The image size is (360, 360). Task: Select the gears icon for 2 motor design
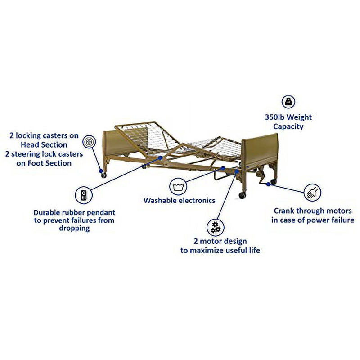coord(216,227)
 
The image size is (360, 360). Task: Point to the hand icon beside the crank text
coord(313,192)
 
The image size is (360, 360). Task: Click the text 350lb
coord(276,117)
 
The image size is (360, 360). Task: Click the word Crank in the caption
coord(286,210)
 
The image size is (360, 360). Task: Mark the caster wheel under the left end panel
coord(103,175)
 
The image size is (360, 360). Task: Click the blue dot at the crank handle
coord(269,184)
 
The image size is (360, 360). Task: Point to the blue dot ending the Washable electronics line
coord(222,168)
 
